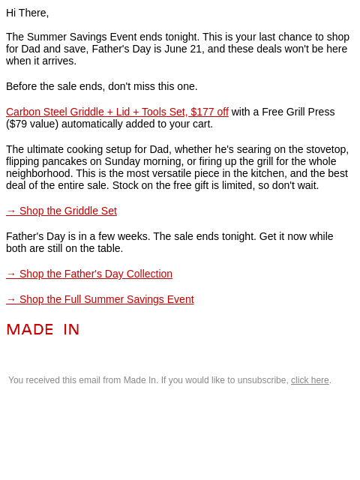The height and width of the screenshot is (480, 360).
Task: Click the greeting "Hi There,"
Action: click(27, 13)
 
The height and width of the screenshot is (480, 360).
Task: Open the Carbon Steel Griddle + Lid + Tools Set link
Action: click(117, 112)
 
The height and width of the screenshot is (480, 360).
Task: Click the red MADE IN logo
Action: click(43, 330)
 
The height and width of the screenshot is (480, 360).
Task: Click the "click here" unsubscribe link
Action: click(310, 380)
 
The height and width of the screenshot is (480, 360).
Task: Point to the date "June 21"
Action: click(183, 49)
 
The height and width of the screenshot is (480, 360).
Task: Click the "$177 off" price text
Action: click(209, 112)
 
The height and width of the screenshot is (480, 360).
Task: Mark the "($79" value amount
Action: click(16, 124)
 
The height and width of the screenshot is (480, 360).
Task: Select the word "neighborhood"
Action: click(40, 173)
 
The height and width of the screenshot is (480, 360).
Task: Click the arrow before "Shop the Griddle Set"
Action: click(11, 211)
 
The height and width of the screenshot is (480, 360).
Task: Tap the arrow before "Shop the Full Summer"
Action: click(11, 299)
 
